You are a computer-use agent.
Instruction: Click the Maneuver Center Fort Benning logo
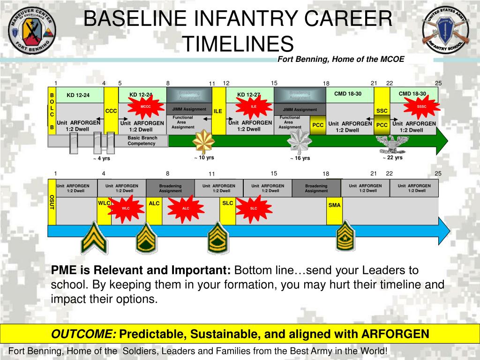click(x=32, y=31)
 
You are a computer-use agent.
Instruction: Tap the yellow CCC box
click(x=111, y=111)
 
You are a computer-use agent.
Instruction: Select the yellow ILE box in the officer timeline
click(x=218, y=111)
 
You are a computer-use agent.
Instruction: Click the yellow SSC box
click(x=382, y=111)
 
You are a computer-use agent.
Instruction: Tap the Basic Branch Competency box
click(x=142, y=141)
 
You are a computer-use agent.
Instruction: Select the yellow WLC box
click(x=104, y=203)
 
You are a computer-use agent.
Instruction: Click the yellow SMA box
click(x=335, y=205)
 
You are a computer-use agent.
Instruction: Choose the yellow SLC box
click(x=228, y=203)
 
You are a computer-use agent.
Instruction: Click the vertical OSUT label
click(x=52, y=202)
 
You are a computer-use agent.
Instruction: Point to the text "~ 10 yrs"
click(x=204, y=157)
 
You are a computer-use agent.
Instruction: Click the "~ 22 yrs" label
click(x=392, y=157)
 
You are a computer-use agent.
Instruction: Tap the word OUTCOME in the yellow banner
click(x=84, y=334)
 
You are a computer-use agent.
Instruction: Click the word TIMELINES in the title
click(x=238, y=44)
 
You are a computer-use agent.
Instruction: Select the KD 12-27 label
click(x=248, y=95)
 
